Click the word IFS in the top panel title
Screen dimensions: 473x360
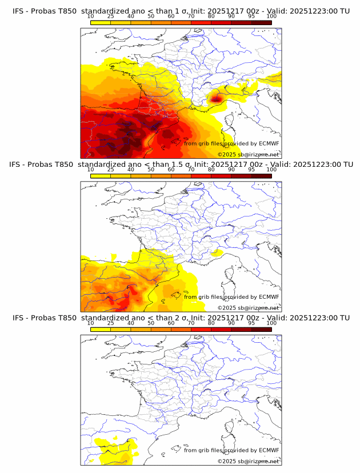18,11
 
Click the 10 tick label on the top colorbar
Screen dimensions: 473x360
91,17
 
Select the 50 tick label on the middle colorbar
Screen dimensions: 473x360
151,170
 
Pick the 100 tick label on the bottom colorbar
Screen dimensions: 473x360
271,323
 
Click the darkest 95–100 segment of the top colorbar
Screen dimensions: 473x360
261,22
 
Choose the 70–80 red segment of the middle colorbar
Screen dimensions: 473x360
201,176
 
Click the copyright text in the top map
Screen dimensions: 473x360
248,154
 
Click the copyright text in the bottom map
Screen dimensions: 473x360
248,461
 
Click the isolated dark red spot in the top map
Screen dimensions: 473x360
216,98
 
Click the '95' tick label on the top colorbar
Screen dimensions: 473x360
251,17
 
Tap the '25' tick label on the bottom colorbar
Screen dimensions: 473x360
111,323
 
